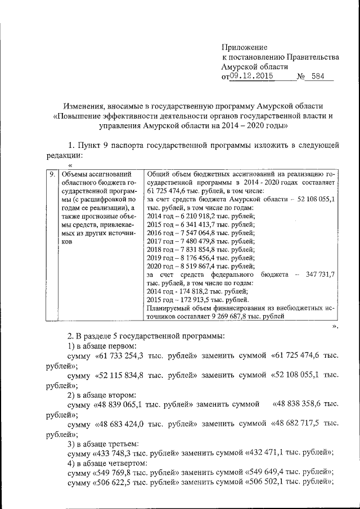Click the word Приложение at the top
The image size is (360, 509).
tap(245, 47)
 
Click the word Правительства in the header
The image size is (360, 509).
tap(313, 57)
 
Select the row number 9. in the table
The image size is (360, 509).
tap(51, 175)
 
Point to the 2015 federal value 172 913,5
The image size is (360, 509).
tap(200, 299)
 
